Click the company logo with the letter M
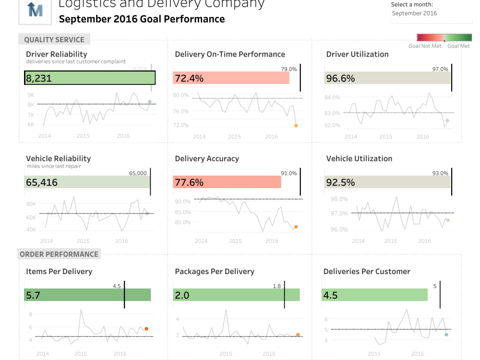[35, 10]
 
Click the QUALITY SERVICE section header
[54, 40]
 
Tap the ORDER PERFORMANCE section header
[59, 254]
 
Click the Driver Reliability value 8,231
[39, 78]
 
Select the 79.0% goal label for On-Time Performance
[289, 69]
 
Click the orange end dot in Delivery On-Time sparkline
[296, 126]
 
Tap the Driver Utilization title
[357, 54]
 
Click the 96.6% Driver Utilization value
[340, 78]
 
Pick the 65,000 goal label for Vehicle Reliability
[138, 173]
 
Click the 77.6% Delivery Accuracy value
[189, 182]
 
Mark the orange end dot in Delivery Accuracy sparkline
[296, 227]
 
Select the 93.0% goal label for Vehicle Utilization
[440, 173]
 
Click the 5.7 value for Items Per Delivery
[33, 295]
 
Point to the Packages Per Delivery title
[215, 272]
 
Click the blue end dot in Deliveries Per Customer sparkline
[446, 335]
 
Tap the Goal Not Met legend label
[425, 46]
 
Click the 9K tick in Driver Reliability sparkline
[31, 95]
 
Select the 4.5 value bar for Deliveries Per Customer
[374, 295]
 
